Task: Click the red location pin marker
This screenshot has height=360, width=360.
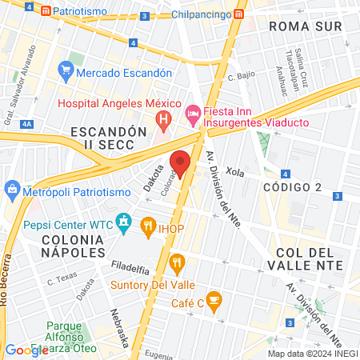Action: tap(180, 162)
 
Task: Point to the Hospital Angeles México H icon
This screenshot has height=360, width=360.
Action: tap(163, 121)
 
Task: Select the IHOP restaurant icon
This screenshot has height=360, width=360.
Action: tap(148, 226)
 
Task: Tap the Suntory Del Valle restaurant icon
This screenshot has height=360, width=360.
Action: tap(178, 261)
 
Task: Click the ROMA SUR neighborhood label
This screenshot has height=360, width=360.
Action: tap(305, 26)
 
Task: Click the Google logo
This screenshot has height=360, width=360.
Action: tap(26, 350)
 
